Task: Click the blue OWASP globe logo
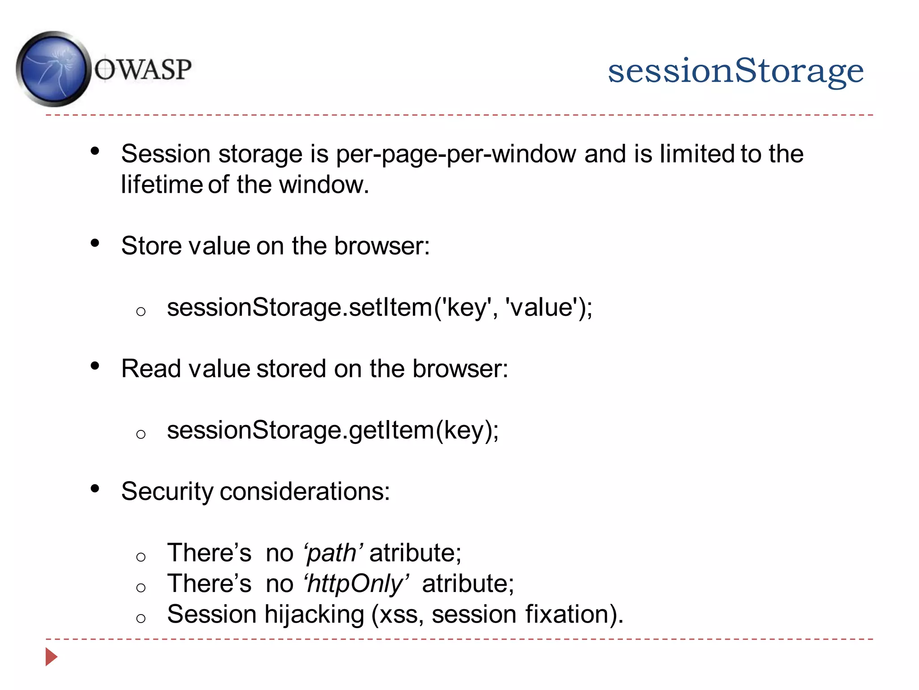pyautogui.click(x=53, y=69)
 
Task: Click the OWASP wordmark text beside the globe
pyautogui.click(x=143, y=70)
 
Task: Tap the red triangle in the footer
pyautogui.click(x=51, y=657)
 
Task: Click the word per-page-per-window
pyautogui.click(x=455, y=154)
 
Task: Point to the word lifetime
pyautogui.click(x=162, y=185)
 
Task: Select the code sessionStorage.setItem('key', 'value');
pyautogui.click(x=379, y=308)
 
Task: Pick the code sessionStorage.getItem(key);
pyautogui.click(x=333, y=430)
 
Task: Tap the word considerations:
pyautogui.click(x=305, y=491)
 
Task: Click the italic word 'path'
pyautogui.click(x=333, y=553)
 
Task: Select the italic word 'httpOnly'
pyautogui.click(x=356, y=584)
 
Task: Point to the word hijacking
pyautogui.click(x=314, y=615)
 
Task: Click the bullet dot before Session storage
pyautogui.click(x=95, y=151)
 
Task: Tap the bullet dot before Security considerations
pyautogui.click(x=95, y=488)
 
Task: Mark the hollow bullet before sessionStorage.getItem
pyautogui.click(x=141, y=434)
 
